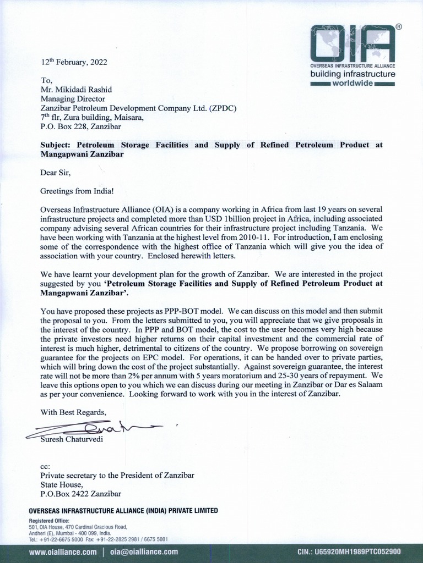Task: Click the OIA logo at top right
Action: tap(352, 43)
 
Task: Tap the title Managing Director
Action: tap(74, 99)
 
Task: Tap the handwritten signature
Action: tap(94, 428)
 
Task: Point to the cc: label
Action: tap(46, 466)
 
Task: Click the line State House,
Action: tap(62, 484)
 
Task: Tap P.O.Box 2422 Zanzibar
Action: tap(81, 494)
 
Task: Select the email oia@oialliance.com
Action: tap(144, 551)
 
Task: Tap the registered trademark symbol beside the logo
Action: tap(399, 26)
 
